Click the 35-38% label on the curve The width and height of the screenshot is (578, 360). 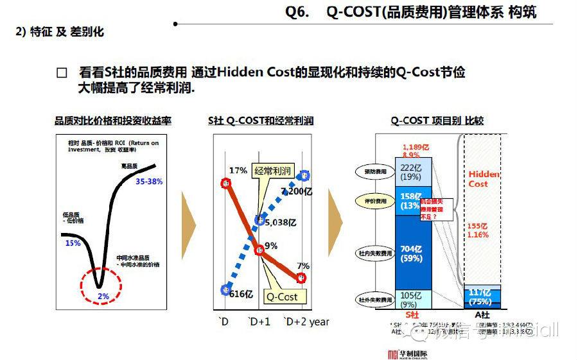149,182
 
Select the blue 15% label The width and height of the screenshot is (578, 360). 73,243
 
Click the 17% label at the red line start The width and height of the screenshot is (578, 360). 238,171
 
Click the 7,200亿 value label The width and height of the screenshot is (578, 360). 296,191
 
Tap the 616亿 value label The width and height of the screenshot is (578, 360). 239,293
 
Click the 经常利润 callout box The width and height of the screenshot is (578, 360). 273,171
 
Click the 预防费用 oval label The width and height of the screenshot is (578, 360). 372,171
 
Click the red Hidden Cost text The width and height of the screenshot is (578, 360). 483,178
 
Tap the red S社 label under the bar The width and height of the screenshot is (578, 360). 413,314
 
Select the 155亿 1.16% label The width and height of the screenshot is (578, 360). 478,230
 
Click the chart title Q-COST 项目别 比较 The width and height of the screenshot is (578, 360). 437,120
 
